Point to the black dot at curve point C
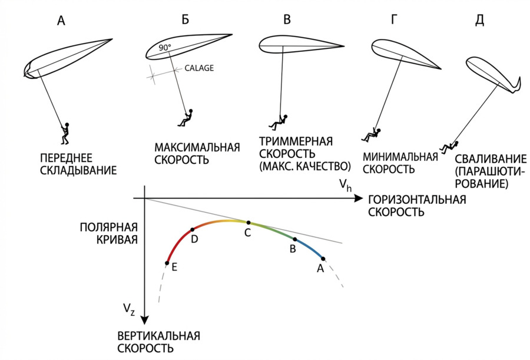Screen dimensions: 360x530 tap(249, 223)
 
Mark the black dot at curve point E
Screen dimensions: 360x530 tap(167, 263)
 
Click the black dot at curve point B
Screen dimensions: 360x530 tap(294, 239)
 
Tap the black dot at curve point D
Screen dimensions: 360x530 tap(193, 230)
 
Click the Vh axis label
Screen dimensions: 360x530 tap(346, 186)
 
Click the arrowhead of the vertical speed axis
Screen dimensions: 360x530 tap(144, 322)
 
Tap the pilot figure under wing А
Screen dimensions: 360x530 tap(65, 133)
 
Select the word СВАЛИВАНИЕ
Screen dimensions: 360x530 tap(490, 159)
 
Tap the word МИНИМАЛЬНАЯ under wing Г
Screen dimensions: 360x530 tap(400, 157)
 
